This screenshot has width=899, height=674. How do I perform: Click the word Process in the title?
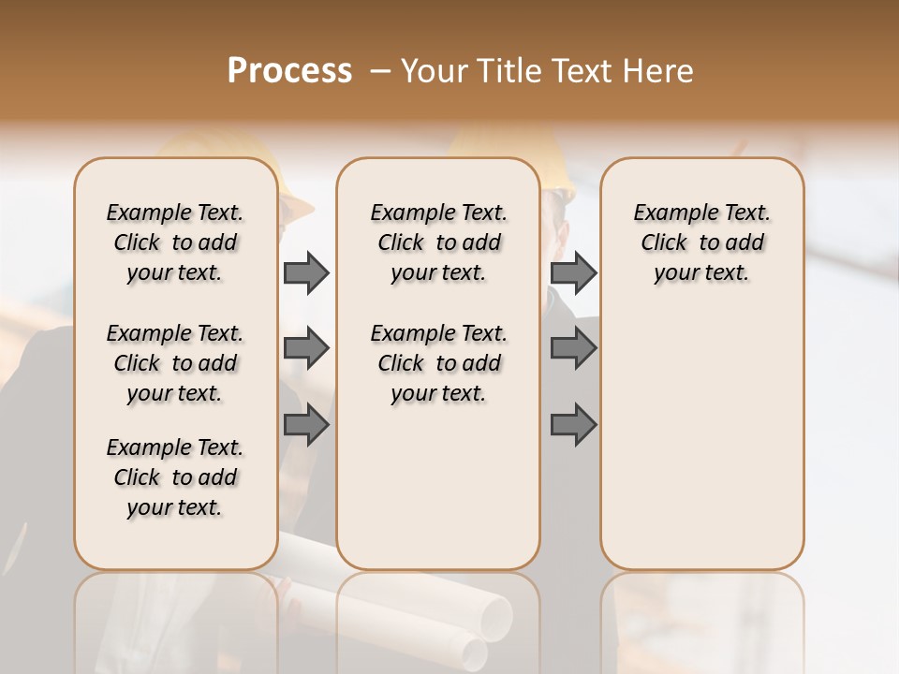pyautogui.click(x=289, y=71)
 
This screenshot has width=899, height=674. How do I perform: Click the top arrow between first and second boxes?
pyautogui.click(x=306, y=273)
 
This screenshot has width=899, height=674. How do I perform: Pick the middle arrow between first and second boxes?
pyautogui.click(x=306, y=348)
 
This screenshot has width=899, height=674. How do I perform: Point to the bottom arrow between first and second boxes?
pyautogui.click(x=306, y=426)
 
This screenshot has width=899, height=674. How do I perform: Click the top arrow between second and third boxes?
pyautogui.click(x=573, y=273)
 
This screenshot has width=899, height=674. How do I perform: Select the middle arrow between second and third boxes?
pyautogui.click(x=573, y=348)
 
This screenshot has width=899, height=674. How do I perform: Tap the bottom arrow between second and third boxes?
pyautogui.click(x=573, y=426)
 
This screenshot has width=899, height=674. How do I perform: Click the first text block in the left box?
pyautogui.click(x=175, y=242)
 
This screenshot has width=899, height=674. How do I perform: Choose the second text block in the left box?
pyautogui.click(x=175, y=363)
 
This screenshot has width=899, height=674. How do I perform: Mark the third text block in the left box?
pyautogui.click(x=175, y=477)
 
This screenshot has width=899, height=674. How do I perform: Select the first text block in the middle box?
pyautogui.click(x=438, y=242)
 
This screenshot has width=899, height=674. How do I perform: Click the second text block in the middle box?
pyautogui.click(x=438, y=363)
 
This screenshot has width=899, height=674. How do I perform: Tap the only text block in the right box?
pyautogui.click(x=702, y=242)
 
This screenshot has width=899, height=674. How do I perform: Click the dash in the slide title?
pyautogui.click(x=379, y=71)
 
